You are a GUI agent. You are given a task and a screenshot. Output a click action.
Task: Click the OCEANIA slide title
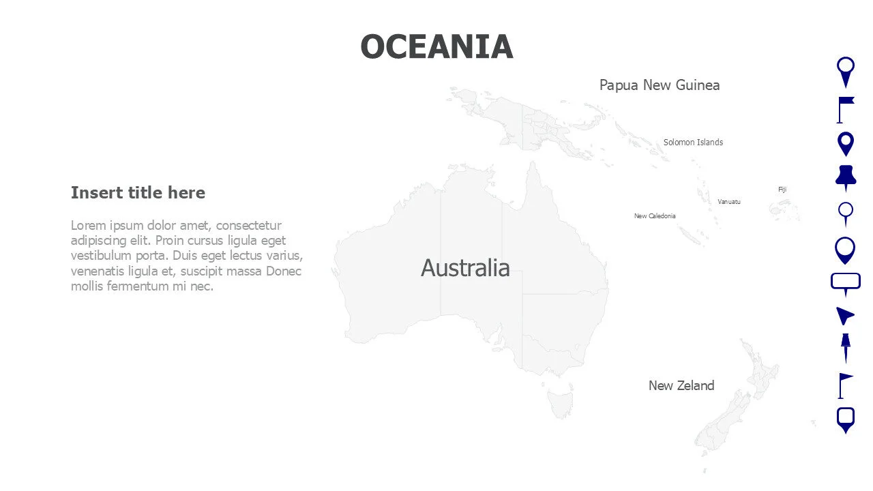436,46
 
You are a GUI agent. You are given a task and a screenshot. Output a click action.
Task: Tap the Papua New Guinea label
659,85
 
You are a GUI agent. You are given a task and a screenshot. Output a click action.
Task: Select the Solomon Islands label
693,143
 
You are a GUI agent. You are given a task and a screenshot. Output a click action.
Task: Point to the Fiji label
782,190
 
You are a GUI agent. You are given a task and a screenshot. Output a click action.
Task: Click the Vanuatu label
728,202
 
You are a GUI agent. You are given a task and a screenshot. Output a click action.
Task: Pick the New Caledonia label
655,216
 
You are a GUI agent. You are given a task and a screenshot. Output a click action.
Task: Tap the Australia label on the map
465,268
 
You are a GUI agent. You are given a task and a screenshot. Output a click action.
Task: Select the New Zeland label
681,385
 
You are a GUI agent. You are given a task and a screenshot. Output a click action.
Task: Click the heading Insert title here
138,193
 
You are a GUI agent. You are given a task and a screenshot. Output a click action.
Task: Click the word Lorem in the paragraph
85,226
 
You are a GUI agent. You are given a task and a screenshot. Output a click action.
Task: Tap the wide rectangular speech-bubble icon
846,282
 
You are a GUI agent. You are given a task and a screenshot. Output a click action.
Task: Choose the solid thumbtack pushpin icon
846,177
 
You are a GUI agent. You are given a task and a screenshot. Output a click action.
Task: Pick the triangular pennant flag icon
844,385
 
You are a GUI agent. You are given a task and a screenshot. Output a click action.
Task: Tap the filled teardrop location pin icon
846,144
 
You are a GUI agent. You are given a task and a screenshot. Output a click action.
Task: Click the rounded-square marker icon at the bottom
846,419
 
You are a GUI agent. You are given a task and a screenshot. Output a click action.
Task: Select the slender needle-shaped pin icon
846,348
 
